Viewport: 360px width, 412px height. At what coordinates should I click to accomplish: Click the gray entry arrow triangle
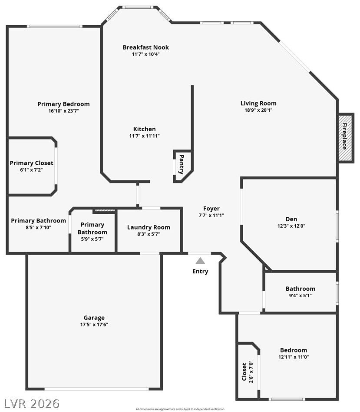(x=200, y=261)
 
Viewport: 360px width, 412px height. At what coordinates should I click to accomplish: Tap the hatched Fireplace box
(x=345, y=138)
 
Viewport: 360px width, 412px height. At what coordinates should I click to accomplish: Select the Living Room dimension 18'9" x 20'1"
(x=258, y=110)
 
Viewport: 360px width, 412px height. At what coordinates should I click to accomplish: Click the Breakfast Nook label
(x=146, y=47)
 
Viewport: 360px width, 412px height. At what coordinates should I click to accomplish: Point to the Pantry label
(x=182, y=164)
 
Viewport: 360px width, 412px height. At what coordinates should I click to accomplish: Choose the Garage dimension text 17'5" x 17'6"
(x=94, y=325)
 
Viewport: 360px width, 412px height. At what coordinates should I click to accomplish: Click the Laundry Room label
(x=149, y=227)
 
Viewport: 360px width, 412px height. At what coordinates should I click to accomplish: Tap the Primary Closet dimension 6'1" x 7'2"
(x=31, y=170)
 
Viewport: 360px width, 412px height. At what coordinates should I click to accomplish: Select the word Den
(x=291, y=219)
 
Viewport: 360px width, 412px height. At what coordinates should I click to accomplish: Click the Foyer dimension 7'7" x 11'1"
(x=211, y=215)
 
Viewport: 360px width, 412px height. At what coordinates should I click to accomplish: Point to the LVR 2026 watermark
(x=32, y=403)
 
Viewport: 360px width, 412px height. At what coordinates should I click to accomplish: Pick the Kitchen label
(x=145, y=129)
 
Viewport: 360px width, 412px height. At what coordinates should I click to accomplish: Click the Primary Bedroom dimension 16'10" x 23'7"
(x=63, y=111)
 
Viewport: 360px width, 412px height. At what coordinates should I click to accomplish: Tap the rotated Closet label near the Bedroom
(x=244, y=372)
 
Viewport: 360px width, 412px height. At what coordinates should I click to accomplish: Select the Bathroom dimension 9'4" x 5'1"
(x=301, y=296)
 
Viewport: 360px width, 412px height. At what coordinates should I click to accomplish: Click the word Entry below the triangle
(x=200, y=272)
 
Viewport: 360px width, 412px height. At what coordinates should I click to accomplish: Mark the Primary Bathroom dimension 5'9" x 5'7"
(x=92, y=239)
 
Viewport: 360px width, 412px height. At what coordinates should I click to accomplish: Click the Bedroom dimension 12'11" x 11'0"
(x=294, y=357)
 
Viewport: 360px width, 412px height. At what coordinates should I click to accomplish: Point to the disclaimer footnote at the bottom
(x=180, y=409)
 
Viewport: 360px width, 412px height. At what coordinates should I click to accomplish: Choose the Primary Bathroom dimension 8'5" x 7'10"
(x=38, y=227)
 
